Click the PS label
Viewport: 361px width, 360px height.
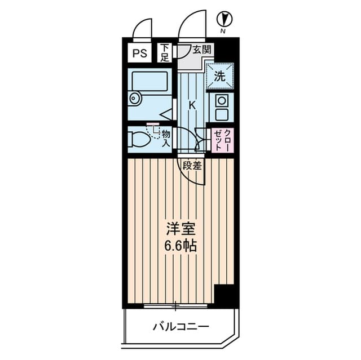tap(140, 54)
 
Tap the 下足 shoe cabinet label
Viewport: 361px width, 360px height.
tap(165, 53)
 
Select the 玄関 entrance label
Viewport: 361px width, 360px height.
tap(202, 50)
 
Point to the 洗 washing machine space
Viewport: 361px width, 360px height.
tap(220, 77)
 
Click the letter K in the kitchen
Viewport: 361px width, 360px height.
tap(192, 105)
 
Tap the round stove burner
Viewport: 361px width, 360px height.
tap(222, 100)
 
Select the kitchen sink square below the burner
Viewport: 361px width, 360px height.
tap(222, 114)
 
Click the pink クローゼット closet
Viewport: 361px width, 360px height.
tap(222, 140)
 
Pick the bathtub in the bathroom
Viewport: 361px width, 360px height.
tap(149, 81)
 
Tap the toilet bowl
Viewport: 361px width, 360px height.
tap(139, 139)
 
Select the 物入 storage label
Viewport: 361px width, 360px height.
tap(166, 139)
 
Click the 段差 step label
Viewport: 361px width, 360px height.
tap(192, 165)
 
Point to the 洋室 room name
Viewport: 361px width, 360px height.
tap(180, 229)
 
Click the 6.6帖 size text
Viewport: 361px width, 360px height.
tap(180, 246)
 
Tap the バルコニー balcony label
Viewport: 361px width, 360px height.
tap(181, 326)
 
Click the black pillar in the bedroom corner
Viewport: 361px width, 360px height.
tap(224, 296)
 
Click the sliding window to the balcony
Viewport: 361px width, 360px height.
tap(175, 306)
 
